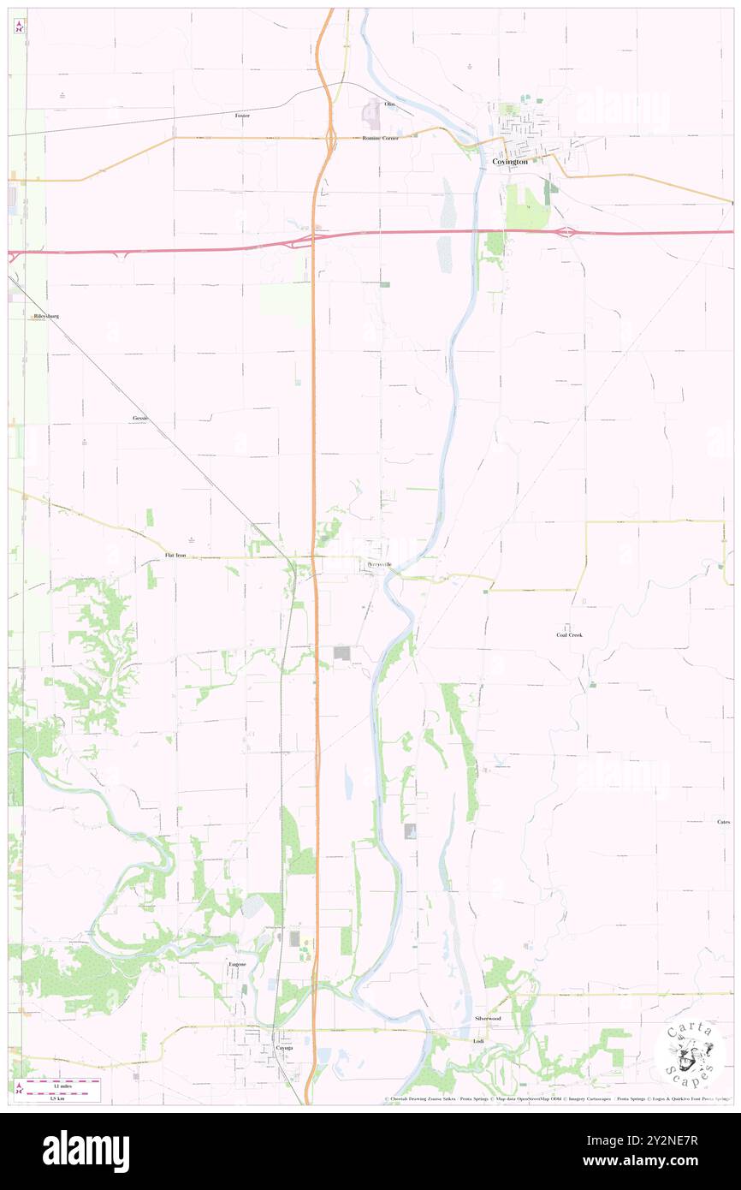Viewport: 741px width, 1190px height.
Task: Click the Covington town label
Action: (509, 161)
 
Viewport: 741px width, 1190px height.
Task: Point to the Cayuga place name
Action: (283, 1047)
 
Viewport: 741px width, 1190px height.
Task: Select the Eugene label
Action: (237, 964)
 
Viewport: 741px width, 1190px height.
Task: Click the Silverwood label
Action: (488, 1018)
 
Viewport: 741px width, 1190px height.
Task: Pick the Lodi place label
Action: (478, 1041)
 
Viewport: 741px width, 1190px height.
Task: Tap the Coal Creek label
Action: (569, 635)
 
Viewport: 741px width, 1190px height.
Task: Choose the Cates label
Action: (723, 822)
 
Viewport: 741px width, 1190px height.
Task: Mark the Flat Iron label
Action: (175, 556)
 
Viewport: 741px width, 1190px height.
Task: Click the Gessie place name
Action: (140, 418)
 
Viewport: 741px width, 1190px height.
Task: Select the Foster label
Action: (242, 115)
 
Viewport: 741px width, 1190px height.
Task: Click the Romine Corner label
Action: (380, 138)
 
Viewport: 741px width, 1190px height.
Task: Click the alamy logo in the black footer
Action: (86, 1151)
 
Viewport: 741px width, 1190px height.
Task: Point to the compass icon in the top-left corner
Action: (19, 27)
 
